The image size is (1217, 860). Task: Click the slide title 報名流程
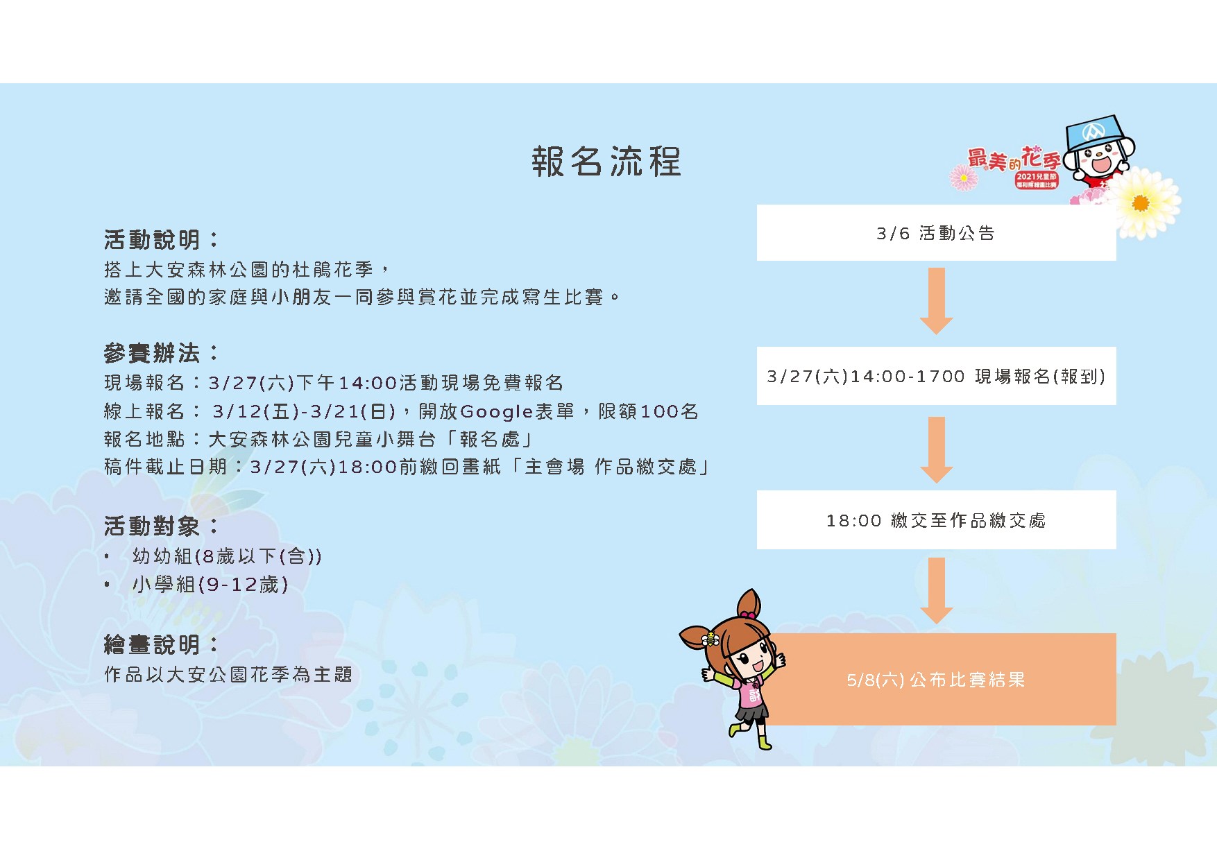[606, 162]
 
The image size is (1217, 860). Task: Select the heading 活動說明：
[162, 240]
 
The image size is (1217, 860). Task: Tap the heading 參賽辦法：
[162, 353]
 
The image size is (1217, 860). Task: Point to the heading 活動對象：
[162, 526]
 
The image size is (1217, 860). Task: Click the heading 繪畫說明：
[162, 645]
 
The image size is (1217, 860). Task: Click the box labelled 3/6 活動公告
[936, 233]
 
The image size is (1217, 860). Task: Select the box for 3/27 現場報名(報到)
[936, 376]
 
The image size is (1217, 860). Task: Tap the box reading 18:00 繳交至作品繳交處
[936, 520]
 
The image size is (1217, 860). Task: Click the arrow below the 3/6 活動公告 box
[936, 301]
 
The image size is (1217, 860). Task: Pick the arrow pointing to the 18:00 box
[936, 450]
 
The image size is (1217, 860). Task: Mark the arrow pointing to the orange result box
[936, 591]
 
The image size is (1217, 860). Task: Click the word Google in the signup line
[497, 412]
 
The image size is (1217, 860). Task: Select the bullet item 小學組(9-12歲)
[210, 585]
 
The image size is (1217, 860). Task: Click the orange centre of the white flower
[1140, 203]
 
